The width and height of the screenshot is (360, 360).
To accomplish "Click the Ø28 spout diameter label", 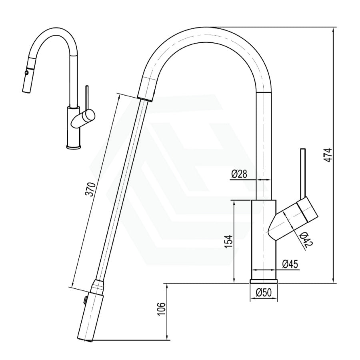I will pyautogui.click(x=238, y=174).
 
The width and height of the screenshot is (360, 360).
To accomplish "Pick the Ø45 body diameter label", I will pyautogui.click(x=289, y=264).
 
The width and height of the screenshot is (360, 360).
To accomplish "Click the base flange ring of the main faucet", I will pyautogui.click(x=263, y=281).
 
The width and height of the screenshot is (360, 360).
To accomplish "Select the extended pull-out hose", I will pyautogui.click(x=120, y=188).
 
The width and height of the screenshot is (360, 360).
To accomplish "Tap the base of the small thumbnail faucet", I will pyautogui.click(x=74, y=146).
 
